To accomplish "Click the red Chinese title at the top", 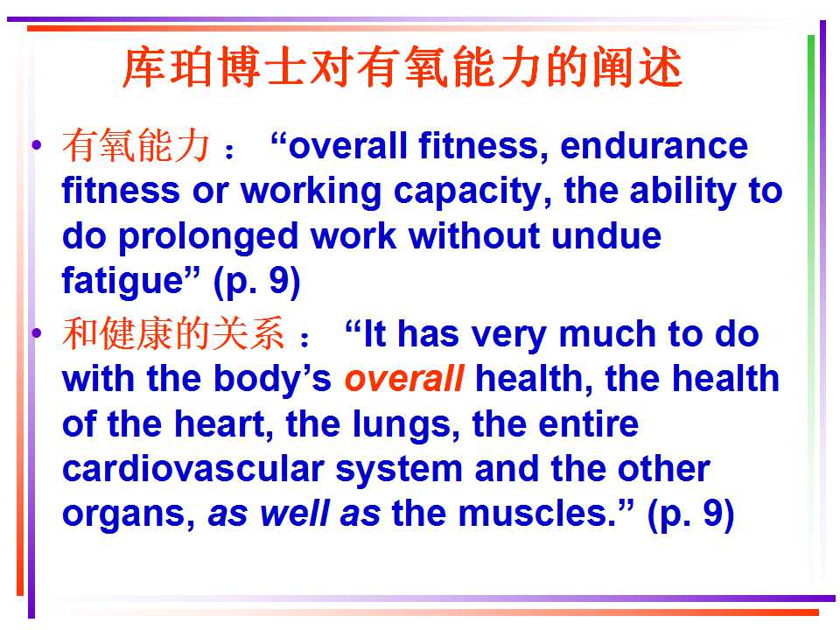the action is tap(402, 67).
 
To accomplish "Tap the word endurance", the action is tap(654, 146).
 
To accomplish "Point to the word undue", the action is tap(605, 235).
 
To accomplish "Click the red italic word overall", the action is tap(404, 378).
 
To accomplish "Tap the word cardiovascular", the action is tap(193, 469).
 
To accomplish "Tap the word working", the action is tap(311, 192).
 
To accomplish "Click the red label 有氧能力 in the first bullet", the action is tap(136, 146).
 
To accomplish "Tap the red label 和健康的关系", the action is tap(173, 333).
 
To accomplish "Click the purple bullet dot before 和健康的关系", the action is tap(37, 333).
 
